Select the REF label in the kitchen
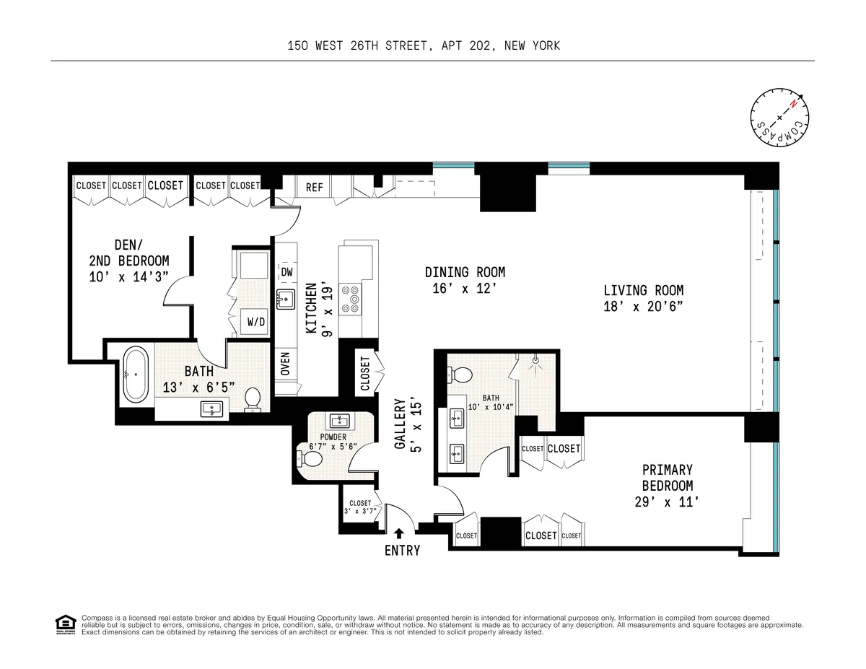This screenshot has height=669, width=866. coord(315,187)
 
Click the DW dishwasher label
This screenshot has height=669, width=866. coord(287,272)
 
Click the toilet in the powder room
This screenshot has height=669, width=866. coord(308,458)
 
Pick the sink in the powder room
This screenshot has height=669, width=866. coord(338,421)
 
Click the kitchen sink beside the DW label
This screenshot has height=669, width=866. coord(287,299)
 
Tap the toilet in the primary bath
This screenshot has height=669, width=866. coord(460,374)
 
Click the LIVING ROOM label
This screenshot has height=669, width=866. coord(643,291)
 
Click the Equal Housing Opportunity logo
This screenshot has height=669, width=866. coord(66,624)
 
